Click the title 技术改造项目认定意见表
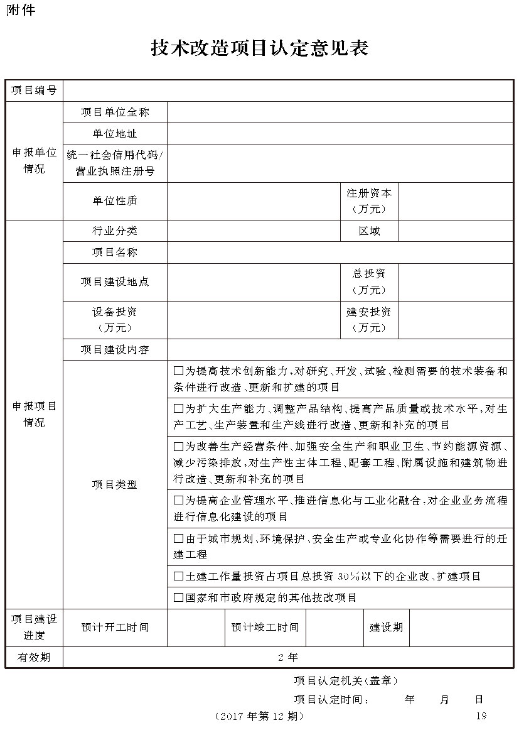pyautogui.click(x=259, y=48)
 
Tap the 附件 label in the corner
pyautogui.click(x=21, y=10)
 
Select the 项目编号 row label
pyautogui.click(x=35, y=90)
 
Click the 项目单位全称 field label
pyautogui.click(x=115, y=112)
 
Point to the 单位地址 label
pyautogui.click(x=115, y=133)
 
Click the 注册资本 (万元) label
pyautogui.click(x=369, y=201)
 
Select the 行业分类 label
pyautogui.click(x=115, y=231)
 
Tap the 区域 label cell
pyautogui.click(x=369, y=231)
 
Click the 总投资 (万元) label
pyautogui.click(x=369, y=281)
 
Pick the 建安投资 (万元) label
pyautogui.click(x=369, y=319)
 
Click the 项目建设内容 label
pyautogui.click(x=115, y=349)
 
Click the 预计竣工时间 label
pyautogui.click(x=265, y=627)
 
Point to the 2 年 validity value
pyautogui.click(x=288, y=657)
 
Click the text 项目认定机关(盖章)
pyautogui.click(x=345, y=680)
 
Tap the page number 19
pyautogui.click(x=481, y=716)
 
